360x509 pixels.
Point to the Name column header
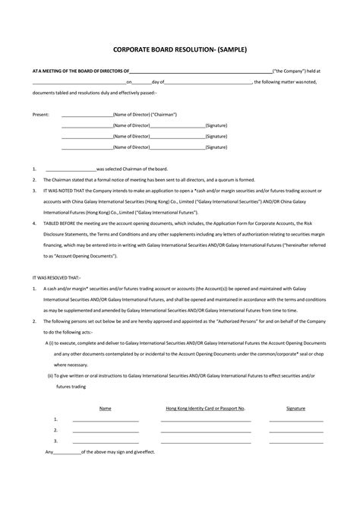coord(105,408)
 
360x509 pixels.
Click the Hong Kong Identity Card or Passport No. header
coord(205,408)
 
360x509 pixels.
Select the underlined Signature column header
coord(296,408)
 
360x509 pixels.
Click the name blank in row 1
coord(105,419)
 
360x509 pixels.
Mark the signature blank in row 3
coord(296,441)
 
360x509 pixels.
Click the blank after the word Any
coord(69,452)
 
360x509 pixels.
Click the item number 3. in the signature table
coord(56,441)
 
